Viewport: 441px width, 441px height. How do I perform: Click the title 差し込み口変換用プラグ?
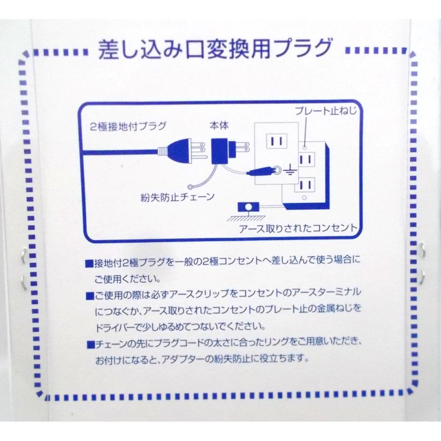(215, 49)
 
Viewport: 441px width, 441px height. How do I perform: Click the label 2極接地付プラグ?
(128, 126)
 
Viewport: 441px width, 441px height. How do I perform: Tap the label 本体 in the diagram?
(219, 125)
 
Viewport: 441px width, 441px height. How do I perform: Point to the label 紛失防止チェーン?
(178, 197)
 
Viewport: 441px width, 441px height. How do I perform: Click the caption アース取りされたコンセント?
(298, 228)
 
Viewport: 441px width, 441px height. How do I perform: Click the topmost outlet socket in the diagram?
(277, 141)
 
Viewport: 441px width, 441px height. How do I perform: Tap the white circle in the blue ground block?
(248, 207)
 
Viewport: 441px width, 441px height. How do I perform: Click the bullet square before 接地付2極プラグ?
(89, 264)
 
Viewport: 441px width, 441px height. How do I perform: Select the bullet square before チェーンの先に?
(90, 345)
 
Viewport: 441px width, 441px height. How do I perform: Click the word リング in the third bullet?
(279, 343)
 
